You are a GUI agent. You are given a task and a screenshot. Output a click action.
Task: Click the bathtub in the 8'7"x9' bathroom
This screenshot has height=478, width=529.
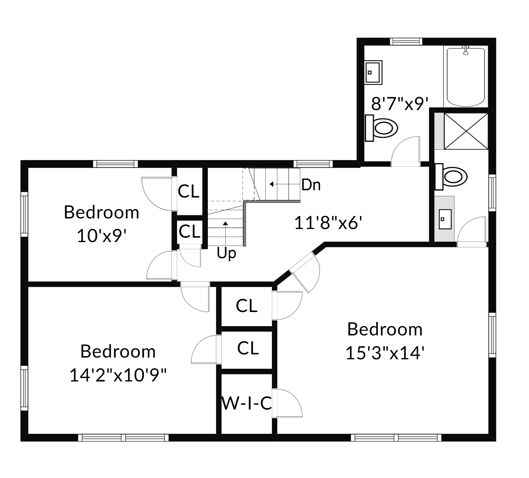pos(465,77)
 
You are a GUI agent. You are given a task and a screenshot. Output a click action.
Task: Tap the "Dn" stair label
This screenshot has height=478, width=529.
pos(311,185)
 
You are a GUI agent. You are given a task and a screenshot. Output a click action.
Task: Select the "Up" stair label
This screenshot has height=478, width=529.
pos(226,253)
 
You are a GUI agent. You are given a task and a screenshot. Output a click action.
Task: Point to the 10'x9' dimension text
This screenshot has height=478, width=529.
pos(101,236)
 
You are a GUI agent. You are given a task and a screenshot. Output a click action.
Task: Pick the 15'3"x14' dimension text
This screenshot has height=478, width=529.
pos(385,353)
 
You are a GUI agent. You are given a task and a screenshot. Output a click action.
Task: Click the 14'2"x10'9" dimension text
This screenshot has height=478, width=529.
pos(118,375)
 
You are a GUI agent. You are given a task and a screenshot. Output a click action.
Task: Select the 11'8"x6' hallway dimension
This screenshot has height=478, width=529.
pos(328,223)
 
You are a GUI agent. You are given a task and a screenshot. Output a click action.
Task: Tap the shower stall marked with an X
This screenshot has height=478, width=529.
pos(466,131)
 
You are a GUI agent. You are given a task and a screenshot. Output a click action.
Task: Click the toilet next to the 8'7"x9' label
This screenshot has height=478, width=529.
pos(382,128)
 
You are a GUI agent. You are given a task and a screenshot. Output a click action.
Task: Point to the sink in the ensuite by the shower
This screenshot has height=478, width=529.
pos(445,219)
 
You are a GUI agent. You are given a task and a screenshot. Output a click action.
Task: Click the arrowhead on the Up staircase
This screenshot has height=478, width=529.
pos(225,224)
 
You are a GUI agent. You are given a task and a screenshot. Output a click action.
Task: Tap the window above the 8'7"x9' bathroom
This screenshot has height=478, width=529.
pos(406,42)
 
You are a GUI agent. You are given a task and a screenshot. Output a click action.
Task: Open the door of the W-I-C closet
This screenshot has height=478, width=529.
pos(287,403)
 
